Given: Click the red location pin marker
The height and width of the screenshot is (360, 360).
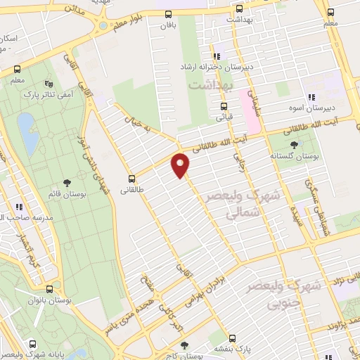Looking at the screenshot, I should click(x=181, y=165).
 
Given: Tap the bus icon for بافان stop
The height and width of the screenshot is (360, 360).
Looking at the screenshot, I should click(x=168, y=14).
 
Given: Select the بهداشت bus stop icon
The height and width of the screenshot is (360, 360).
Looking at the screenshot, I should click(x=238, y=9).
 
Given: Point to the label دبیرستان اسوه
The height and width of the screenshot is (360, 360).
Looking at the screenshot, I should click(x=310, y=108).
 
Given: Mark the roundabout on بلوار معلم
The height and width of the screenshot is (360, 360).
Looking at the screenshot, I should click(x=103, y=25).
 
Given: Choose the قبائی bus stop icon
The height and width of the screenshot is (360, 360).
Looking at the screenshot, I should click(x=224, y=106).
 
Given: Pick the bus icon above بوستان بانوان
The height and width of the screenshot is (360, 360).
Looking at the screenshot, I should click(x=49, y=289).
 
